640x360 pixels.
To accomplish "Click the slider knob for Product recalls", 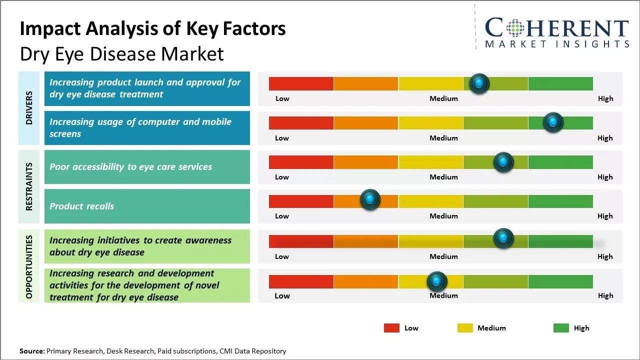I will pyautogui.click(x=370, y=200).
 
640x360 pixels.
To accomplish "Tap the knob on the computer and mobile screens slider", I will pyautogui.click(x=553, y=122).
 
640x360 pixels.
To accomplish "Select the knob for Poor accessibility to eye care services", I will pyautogui.click(x=503, y=162).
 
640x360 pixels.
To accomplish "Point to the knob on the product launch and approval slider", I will pyautogui.click(x=479, y=83).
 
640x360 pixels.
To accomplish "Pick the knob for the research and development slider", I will pyautogui.click(x=437, y=281).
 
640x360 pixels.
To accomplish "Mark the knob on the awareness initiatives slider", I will pyautogui.click(x=503, y=238).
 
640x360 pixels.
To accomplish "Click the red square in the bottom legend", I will pyautogui.click(x=391, y=328).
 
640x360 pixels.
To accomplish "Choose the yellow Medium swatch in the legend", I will pyautogui.click(x=465, y=328).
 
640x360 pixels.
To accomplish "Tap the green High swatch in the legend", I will pyautogui.click(x=561, y=328).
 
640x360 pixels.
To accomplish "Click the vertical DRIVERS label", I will pyautogui.click(x=29, y=108).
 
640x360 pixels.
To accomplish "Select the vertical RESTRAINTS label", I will pyautogui.click(x=29, y=186).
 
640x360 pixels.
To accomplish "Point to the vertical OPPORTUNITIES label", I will pyautogui.click(x=29, y=266).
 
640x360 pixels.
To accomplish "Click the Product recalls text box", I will pyautogui.click(x=147, y=206).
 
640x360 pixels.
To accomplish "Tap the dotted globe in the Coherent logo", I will pyautogui.click(x=515, y=28).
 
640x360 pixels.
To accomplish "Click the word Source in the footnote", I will pyautogui.click(x=31, y=351).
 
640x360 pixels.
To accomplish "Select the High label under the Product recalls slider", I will pyautogui.click(x=604, y=216).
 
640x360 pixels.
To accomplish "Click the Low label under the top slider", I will pyautogui.click(x=282, y=98).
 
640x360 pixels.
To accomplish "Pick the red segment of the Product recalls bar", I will pyautogui.click(x=301, y=201).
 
